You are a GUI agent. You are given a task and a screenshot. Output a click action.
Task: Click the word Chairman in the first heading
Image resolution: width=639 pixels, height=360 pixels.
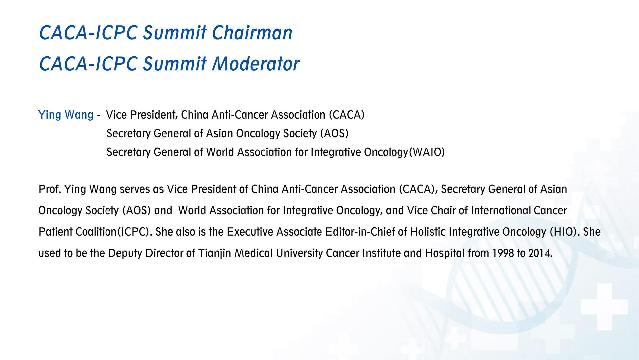pos(252,33)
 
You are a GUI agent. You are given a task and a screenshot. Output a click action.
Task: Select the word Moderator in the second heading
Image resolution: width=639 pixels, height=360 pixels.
pos(256,64)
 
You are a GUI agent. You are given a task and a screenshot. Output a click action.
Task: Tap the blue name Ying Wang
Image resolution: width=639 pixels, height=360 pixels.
pos(66,115)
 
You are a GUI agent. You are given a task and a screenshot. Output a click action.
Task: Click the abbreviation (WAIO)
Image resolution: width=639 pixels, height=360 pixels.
pos(427,152)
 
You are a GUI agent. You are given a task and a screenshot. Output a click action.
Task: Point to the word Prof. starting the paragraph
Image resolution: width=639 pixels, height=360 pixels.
pos(50,189)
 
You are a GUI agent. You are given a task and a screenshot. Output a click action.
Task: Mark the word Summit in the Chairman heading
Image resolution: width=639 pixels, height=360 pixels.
pos(175,33)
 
